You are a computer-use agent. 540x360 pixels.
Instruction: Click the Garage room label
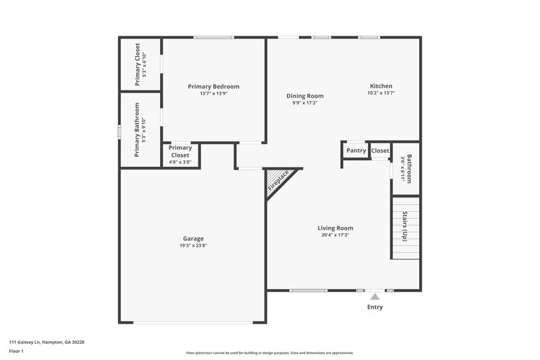tap(193, 238)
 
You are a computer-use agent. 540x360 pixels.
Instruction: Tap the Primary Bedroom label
tap(213, 86)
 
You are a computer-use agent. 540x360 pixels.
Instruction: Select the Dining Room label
tap(304, 96)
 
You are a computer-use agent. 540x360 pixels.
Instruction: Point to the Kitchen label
tap(381, 86)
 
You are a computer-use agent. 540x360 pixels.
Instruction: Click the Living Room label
tap(335, 228)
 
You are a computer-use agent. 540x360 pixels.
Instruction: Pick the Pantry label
tap(356, 151)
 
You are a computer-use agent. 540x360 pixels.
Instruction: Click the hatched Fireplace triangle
tap(277, 182)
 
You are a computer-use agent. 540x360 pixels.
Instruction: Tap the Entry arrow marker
tap(375, 296)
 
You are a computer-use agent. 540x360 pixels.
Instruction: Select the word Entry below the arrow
tap(375, 307)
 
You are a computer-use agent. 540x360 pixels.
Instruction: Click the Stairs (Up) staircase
tap(405, 227)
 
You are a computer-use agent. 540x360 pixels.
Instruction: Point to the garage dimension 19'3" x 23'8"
tap(193, 246)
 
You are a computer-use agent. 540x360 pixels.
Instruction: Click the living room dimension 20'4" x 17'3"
tap(335, 235)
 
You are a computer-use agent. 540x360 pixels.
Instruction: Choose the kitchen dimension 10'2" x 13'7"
tap(381, 93)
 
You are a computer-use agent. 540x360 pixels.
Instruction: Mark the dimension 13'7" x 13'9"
tap(213, 94)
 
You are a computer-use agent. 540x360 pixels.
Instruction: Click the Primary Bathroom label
tap(137, 130)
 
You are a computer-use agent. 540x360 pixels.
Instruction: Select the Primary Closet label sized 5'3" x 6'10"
tap(137, 64)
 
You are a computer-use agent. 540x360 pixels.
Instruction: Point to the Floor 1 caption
tap(17, 351)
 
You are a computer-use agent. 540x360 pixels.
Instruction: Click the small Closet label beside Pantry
tap(380, 151)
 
